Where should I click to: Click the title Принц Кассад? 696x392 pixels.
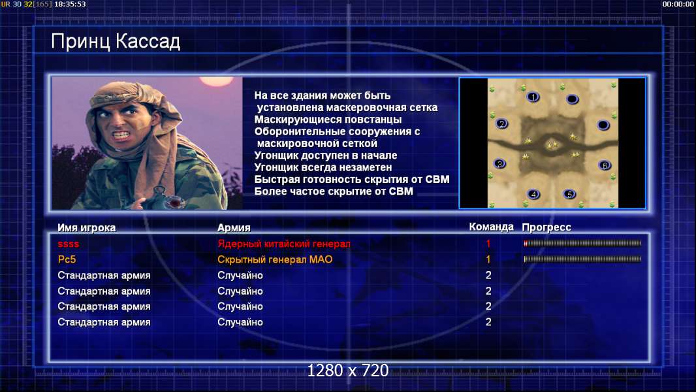point(116,42)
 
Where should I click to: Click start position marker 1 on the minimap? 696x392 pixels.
point(533,97)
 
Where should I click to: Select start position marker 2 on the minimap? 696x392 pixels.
point(501,124)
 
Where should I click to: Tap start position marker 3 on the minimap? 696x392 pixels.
point(500,164)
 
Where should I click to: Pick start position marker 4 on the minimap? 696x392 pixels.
point(533,194)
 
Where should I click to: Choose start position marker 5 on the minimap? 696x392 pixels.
point(569,194)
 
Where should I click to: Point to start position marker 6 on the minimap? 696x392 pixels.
point(605,165)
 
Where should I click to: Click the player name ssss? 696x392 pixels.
point(69,244)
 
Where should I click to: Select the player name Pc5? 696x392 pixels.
point(67,260)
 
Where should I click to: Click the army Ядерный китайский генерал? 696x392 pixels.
point(283,244)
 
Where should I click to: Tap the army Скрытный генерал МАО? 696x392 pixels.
point(275,260)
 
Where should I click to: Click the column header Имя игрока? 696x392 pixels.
point(87,228)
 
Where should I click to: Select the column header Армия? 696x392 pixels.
point(234,228)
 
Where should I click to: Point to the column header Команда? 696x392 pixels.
point(492,227)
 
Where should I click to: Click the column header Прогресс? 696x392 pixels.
point(546,227)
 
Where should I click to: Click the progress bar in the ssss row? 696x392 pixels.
point(582,243)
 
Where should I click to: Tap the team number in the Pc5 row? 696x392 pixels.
point(488,259)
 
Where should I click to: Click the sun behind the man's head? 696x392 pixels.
point(216,81)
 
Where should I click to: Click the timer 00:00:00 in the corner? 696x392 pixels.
point(678,4)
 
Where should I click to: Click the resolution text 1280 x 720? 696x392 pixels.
point(348,370)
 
